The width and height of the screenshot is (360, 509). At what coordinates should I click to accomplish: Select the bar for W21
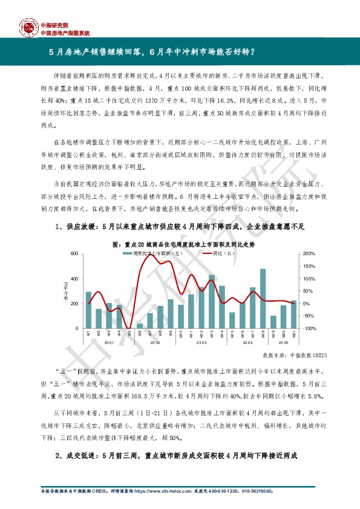point(294,314)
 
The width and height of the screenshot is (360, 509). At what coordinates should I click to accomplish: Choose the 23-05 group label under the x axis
point(284,343)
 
